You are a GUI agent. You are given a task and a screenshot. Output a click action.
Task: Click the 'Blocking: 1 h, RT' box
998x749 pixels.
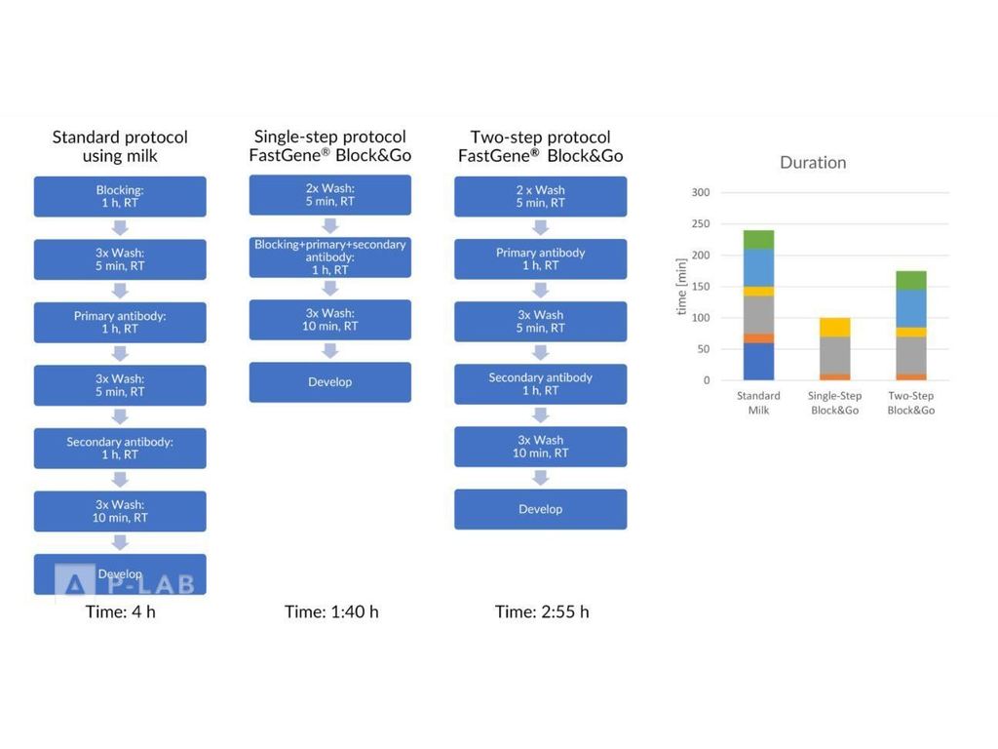pos(120,196)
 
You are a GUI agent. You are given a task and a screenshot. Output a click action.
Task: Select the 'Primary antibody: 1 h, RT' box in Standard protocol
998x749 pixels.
pos(120,322)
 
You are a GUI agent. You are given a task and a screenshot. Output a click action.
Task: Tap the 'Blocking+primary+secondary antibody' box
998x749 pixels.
pos(330,256)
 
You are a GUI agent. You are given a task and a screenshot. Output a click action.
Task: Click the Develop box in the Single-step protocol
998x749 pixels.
pos(330,382)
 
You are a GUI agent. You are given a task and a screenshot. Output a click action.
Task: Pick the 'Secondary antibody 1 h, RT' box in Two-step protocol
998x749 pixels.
pos(541,383)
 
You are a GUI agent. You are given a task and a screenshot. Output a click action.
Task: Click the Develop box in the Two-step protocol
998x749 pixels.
pos(541,509)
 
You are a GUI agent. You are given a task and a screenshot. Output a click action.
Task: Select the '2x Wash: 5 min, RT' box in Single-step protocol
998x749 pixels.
pos(330,195)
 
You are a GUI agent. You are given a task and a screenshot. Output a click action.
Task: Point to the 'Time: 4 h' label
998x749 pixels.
pos(120,612)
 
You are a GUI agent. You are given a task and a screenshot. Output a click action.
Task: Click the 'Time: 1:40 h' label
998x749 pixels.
pos(331,612)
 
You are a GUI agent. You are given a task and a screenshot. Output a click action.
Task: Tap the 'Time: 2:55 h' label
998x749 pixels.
pos(542,612)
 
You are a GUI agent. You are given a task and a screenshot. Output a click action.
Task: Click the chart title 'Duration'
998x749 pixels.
pos(813,163)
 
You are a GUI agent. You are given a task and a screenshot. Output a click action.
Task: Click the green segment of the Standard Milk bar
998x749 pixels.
pos(758,239)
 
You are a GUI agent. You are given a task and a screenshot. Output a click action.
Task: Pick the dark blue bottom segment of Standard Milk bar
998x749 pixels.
pos(758,362)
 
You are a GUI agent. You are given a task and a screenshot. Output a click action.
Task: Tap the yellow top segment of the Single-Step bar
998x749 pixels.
pos(834,327)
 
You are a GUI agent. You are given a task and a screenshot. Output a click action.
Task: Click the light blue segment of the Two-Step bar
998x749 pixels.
pos(910,308)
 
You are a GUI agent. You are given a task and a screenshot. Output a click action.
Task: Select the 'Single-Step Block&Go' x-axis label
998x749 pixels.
pos(834,404)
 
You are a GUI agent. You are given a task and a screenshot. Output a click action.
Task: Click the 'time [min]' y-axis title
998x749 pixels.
pos(681,287)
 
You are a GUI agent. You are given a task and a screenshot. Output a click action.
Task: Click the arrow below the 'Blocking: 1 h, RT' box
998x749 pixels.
pos(120,228)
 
